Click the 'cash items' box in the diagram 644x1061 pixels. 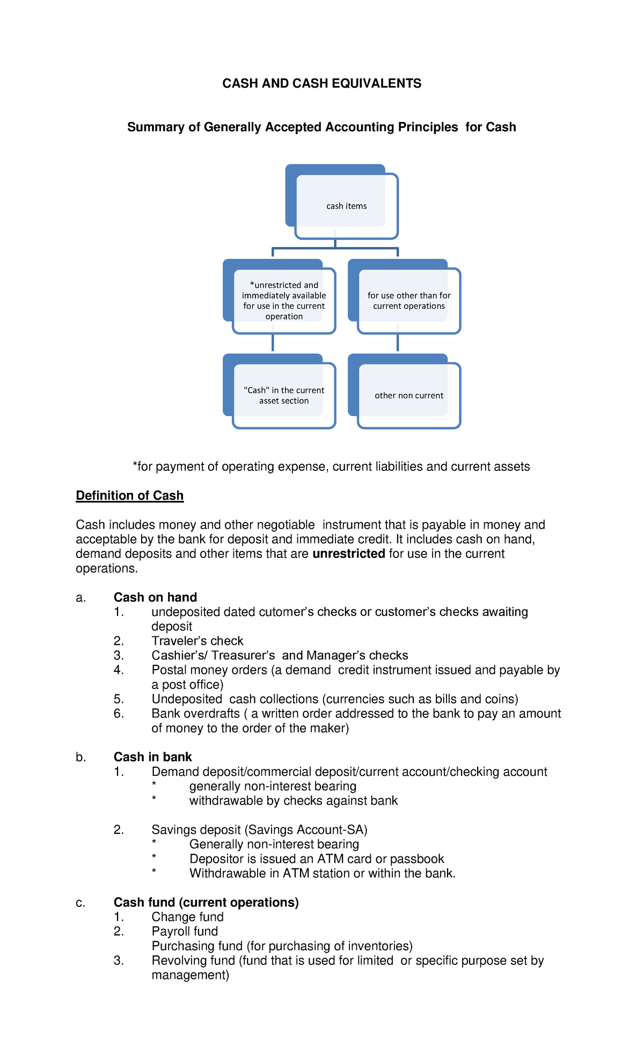(x=346, y=206)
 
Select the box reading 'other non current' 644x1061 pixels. (x=408, y=396)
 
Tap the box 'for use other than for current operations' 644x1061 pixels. (x=408, y=301)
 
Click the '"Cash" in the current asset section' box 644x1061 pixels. (x=284, y=396)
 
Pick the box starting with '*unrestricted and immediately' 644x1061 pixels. (x=284, y=301)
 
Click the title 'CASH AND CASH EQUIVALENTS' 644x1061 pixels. (x=321, y=83)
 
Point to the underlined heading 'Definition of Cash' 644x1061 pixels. (x=129, y=496)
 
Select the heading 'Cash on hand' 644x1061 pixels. (x=155, y=597)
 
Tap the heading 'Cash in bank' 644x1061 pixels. (x=152, y=757)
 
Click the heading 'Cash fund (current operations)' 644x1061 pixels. (x=206, y=902)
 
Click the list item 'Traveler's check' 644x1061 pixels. (x=197, y=641)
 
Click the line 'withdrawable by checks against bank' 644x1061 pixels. (x=293, y=801)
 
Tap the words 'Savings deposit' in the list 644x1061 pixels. (x=196, y=830)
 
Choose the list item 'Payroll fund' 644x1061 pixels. (x=185, y=931)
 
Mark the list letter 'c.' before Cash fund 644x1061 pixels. (x=80, y=903)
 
